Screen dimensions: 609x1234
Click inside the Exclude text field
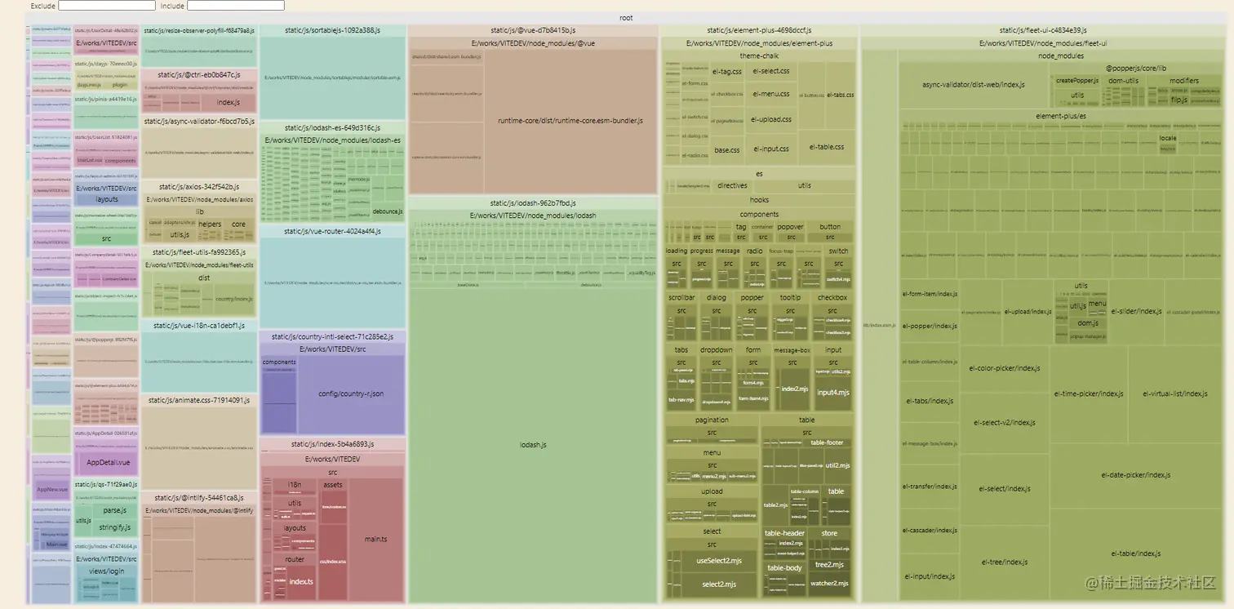(x=106, y=6)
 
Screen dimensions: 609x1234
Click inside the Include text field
(x=235, y=6)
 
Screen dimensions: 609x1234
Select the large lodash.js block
(x=532, y=445)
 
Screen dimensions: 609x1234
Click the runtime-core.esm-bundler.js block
(x=570, y=121)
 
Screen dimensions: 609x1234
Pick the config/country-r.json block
(x=351, y=394)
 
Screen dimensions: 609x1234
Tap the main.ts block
(x=375, y=539)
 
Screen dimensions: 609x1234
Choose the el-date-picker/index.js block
(x=1135, y=475)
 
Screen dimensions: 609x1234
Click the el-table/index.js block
(x=1135, y=553)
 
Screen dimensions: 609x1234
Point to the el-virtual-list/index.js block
(x=1174, y=393)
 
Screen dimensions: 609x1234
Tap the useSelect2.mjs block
(x=718, y=561)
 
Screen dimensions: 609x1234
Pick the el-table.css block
(x=827, y=147)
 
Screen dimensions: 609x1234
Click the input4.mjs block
(x=832, y=393)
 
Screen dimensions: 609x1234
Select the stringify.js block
(x=115, y=527)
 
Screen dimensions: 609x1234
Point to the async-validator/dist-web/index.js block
(x=973, y=84)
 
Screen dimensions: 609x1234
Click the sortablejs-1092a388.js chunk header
(x=332, y=30)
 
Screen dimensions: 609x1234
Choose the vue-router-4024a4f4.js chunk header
(x=332, y=232)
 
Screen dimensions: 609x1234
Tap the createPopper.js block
(x=1077, y=81)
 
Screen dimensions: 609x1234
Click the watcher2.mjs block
(x=830, y=584)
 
